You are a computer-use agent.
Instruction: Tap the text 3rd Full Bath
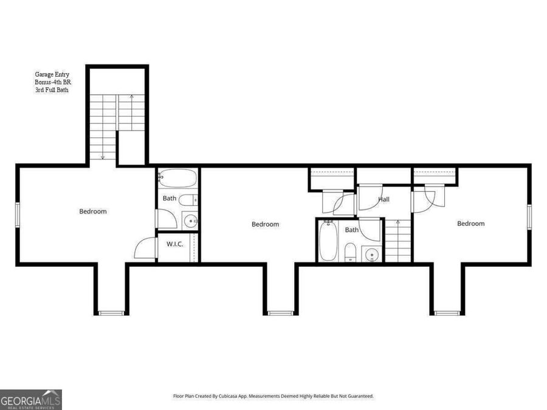(x=51, y=90)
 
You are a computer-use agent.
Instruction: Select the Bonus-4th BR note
(x=52, y=83)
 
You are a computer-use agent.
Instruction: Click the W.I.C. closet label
(x=174, y=245)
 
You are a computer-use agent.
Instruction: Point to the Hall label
(x=384, y=199)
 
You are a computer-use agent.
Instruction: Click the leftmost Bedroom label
(x=93, y=211)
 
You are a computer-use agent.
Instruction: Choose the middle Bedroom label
(x=266, y=224)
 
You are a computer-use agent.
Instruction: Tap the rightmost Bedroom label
(x=471, y=224)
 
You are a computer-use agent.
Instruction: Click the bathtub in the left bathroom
(x=177, y=179)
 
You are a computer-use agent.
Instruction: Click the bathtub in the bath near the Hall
(x=328, y=241)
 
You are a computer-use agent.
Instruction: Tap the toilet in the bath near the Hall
(x=350, y=251)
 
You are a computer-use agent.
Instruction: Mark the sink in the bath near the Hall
(x=370, y=254)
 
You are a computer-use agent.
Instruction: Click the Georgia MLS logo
(x=31, y=400)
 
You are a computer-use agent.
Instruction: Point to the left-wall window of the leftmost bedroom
(x=18, y=214)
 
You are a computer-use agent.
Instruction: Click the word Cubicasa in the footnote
(x=237, y=396)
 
